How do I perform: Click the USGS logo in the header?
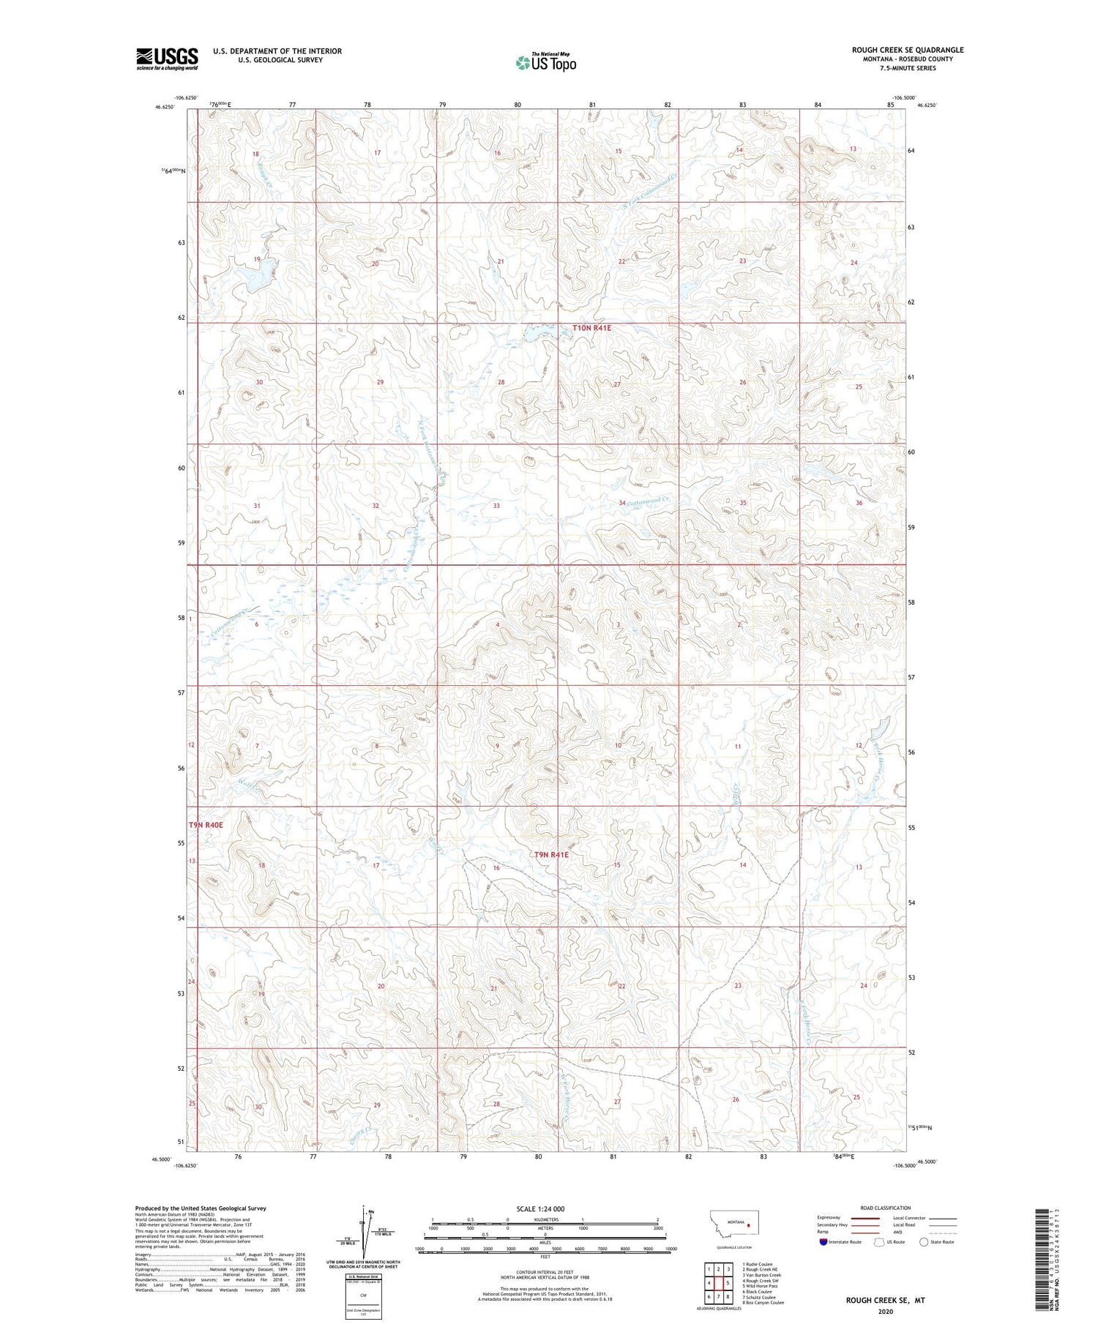click(167, 59)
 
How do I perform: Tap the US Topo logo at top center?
click(545, 63)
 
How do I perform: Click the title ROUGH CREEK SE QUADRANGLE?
click(907, 50)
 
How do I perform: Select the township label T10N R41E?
click(591, 329)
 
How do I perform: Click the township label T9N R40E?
click(206, 825)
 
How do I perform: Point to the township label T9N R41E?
click(550, 855)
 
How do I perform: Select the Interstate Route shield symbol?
click(823, 1242)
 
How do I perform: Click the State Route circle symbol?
click(924, 1242)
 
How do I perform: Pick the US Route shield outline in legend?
click(879, 1242)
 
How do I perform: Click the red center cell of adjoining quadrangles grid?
click(718, 1283)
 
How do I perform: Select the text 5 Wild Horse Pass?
click(760, 1286)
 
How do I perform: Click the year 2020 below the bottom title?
click(886, 1311)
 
